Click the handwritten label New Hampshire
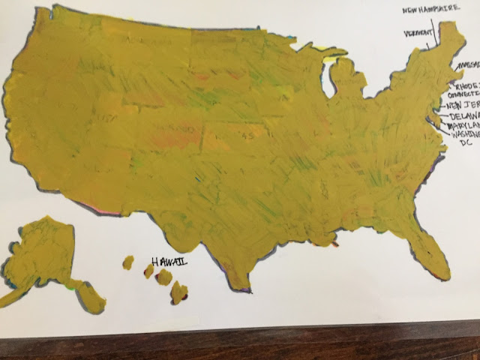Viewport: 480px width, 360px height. tap(430, 10)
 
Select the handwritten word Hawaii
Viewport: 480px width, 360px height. tap(169, 262)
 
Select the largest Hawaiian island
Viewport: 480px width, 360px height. tap(178, 292)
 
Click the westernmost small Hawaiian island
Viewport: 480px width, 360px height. tap(128, 262)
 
